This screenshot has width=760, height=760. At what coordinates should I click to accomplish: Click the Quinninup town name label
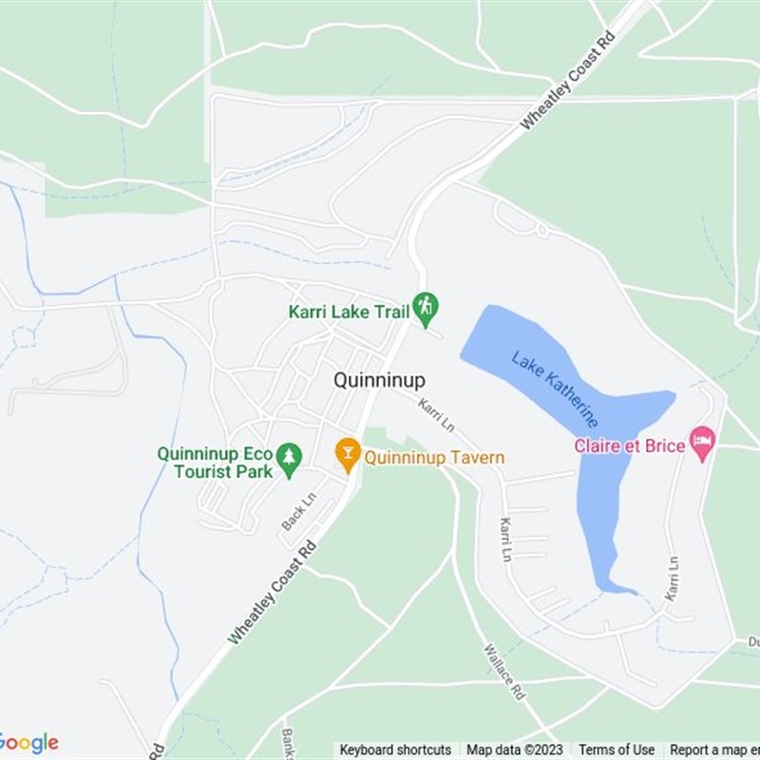(379, 380)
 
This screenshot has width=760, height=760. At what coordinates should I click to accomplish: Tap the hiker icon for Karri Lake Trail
(426, 306)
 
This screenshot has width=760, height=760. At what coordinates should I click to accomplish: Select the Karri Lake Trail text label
(349, 311)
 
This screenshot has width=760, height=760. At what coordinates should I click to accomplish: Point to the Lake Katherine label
(555, 389)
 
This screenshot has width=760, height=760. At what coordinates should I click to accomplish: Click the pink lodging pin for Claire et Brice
(702, 442)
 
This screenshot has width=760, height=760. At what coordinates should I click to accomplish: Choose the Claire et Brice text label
(629, 446)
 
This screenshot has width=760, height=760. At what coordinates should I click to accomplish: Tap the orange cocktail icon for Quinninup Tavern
(348, 455)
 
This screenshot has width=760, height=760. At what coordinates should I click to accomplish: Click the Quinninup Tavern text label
(434, 458)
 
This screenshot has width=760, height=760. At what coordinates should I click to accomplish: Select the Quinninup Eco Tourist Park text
(215, 463)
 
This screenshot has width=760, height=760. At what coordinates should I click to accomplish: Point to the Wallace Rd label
(504, 673)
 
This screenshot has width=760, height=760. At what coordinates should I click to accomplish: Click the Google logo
(28, 742)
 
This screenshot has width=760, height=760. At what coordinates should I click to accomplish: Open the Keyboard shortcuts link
(395, 750)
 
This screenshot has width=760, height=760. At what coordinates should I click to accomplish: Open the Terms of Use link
(617, 750)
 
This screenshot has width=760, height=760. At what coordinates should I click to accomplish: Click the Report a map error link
(714, 750)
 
